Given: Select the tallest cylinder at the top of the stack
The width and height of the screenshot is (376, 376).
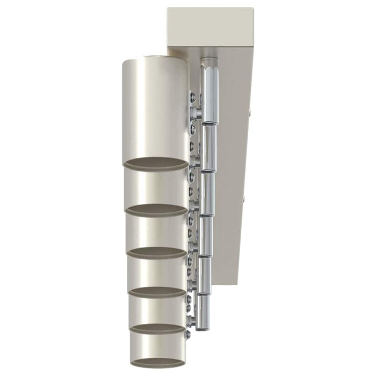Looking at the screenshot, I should (x=155, y=107).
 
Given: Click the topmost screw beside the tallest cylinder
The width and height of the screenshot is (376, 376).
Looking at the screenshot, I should (x=192, y=97).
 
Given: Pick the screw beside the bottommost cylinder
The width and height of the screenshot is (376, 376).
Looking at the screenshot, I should (x=187, y=334).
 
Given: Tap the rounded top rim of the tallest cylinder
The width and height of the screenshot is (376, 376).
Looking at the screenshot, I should (x=155, y=59).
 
